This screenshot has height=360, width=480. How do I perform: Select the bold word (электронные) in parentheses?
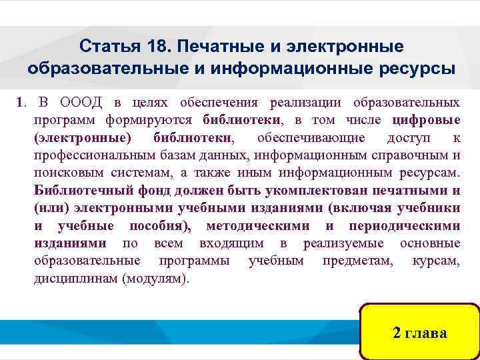click(83, 138)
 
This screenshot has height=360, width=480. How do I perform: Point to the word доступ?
click(409, 138)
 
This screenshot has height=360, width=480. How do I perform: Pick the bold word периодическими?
click(407, 225)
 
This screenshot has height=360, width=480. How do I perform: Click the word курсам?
click(436, 260)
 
